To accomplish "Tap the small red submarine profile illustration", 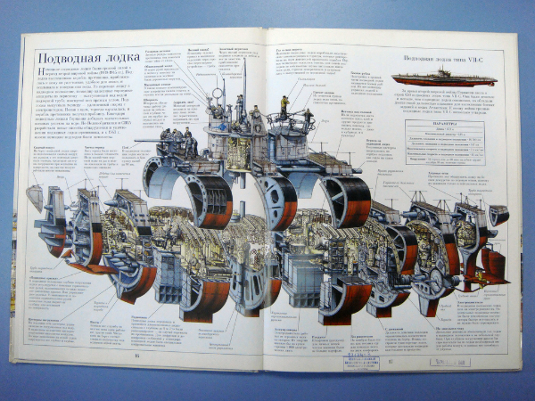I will [x=432, y=78].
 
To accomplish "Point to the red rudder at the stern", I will [x=492, y=263].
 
